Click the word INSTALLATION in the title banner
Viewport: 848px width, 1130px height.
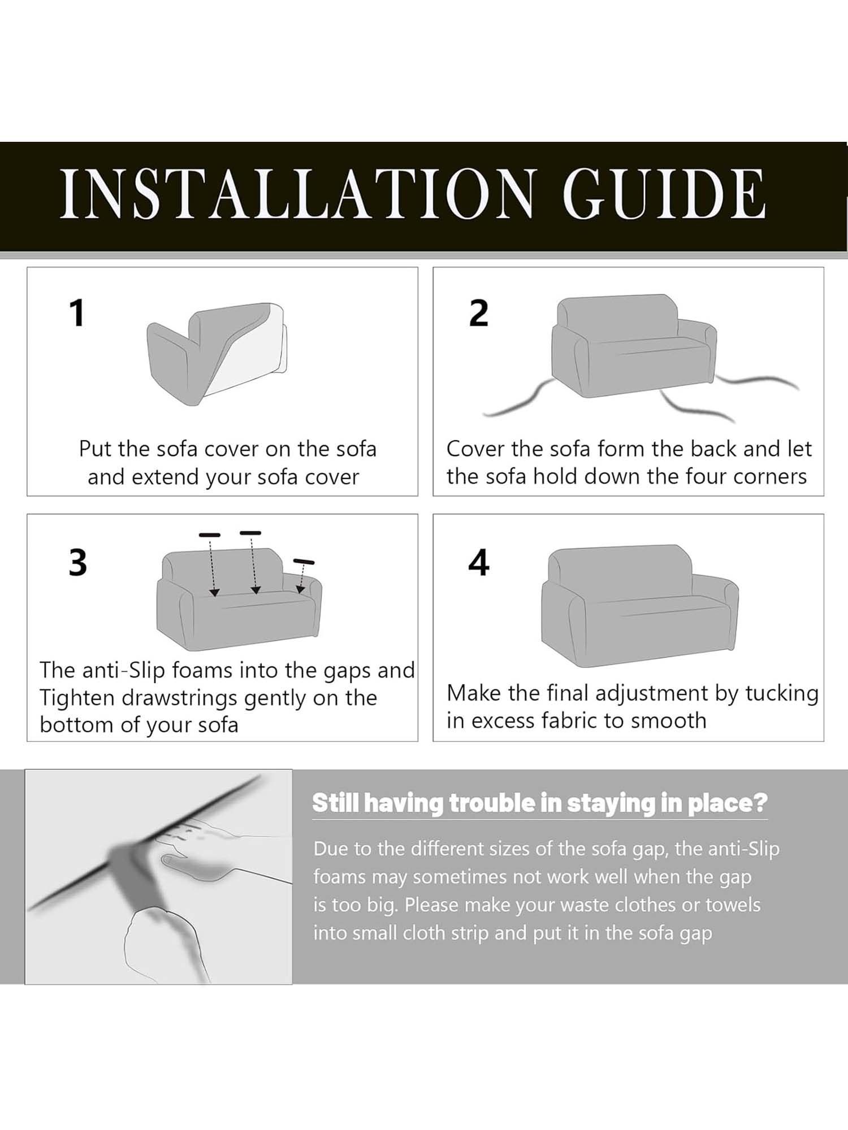pos(297,194)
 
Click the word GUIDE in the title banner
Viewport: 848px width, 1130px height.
pos(664,194)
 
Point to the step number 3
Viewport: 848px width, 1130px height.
pos(78,563)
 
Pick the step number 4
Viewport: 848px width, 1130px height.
pos(478,563)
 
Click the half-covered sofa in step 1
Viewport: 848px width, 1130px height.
pos(217,354)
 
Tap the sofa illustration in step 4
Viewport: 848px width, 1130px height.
pos(640,606)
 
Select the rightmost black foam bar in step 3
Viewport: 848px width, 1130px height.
pos(304,562)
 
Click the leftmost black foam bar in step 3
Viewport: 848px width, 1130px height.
pos(210,534)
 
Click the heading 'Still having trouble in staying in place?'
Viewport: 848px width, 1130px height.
pos(540,803)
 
